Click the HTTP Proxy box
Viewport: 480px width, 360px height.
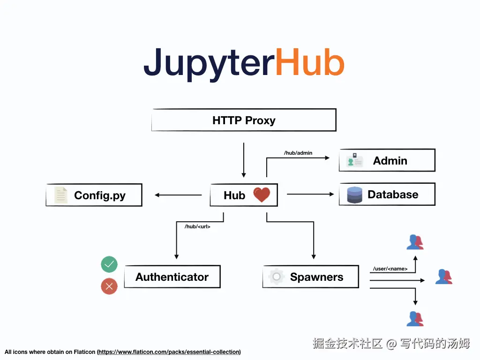pyautogui.click(x=244, y=120)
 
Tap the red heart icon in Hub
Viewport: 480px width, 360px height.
pyautogui.click(x=262, y=195)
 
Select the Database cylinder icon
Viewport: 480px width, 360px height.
pyautogui.click(x=354, y=195)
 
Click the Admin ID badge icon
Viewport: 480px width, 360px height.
pyautogui.click(x=355, y=160)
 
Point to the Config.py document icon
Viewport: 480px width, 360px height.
pyautogui.click(x=60, y=195)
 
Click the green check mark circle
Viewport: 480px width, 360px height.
pyautogui.click(x=109, y=265)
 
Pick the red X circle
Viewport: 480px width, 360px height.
pyautogui.click(x=109, y=286)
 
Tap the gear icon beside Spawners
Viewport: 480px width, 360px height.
pyautogui.click(x=277, y=277)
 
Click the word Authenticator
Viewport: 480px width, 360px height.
pyautogui.click(x=172, y=277)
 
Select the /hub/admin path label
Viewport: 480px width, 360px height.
pyautogui.click(x=298, y=153)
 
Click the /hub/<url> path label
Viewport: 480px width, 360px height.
pyautogui.click(x=197, y=226)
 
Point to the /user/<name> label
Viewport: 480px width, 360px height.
pyautogui.click(x=390, y=269)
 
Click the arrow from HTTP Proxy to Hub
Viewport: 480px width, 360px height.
pyautogui.click(x=244, y=159)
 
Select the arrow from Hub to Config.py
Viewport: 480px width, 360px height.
pyautogui.click(x=178, y=195)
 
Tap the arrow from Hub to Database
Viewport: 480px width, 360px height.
pyautogui.click(x=309, y=194)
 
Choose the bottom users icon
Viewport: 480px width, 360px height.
pyautogui.click(x=415, y=318)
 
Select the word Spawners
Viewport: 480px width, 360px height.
pyautogui.click(x=316, y=277)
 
